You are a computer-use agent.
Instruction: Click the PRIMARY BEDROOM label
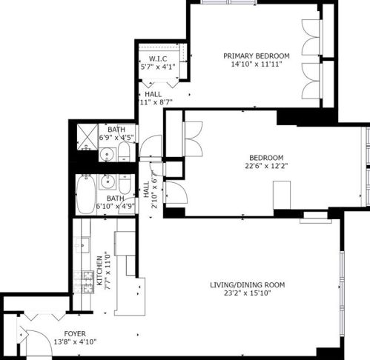pos(257,56)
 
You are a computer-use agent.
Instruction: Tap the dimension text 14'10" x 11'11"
pos(257,64)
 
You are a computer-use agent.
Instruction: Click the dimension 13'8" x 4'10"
pos(76,341)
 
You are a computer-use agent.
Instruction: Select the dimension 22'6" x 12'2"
pos(266,166)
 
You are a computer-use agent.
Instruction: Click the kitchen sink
pos(84,244)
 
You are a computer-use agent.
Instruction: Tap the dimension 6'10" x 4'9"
pos(115,207)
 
